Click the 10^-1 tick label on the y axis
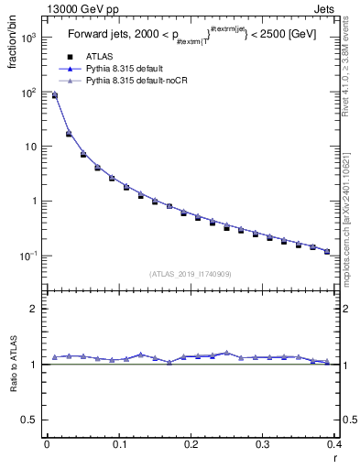tap(27, 256)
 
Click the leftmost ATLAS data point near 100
tap(54, 95)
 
